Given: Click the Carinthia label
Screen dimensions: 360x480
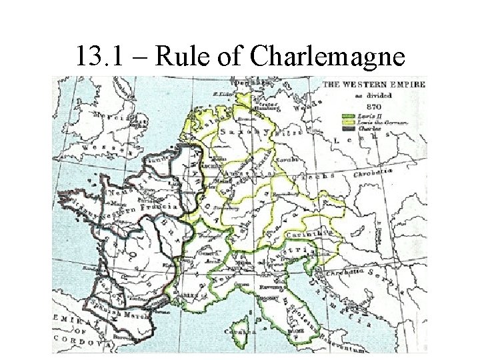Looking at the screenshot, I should (306, 235).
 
